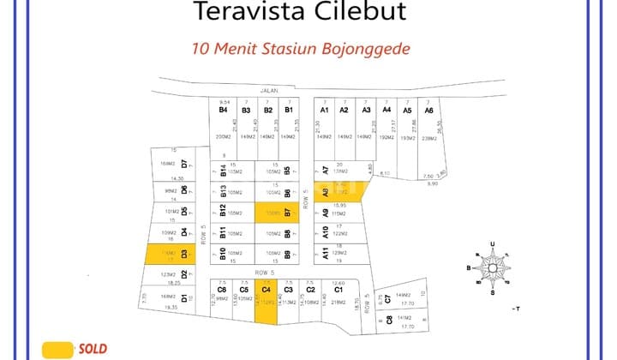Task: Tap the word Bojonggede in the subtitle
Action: (371, 49)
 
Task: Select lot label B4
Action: (223, 110)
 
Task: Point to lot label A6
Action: (428, 111)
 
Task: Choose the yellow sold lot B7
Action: (277, 212)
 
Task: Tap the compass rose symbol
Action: (492, 267)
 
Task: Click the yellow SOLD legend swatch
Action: (57, 349)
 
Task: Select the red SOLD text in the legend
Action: (93, 349)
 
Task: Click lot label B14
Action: (223, 171)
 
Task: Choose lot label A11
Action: (326, 253)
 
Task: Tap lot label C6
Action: (221, 290)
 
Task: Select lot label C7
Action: (388, 298)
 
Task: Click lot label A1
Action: (325, 110)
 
